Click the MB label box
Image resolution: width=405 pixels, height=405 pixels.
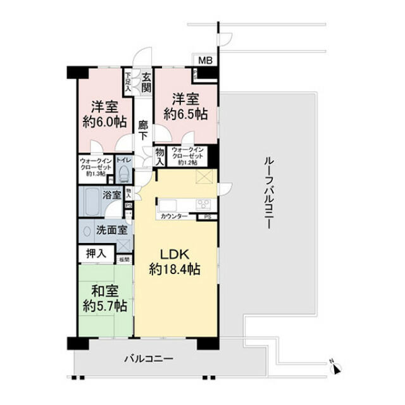tap(206, 61)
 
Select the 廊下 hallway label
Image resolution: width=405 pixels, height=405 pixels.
tap(144, 130)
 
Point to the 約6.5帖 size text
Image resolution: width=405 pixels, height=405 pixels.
tap(185, 114)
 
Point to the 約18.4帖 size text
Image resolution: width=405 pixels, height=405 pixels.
tap(175, 270)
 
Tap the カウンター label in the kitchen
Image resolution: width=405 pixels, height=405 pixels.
tap(173, 216)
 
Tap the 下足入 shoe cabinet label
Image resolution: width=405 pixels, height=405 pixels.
tap(128, 82)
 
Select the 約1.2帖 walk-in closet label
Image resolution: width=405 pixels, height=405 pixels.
tap(187, 163)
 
